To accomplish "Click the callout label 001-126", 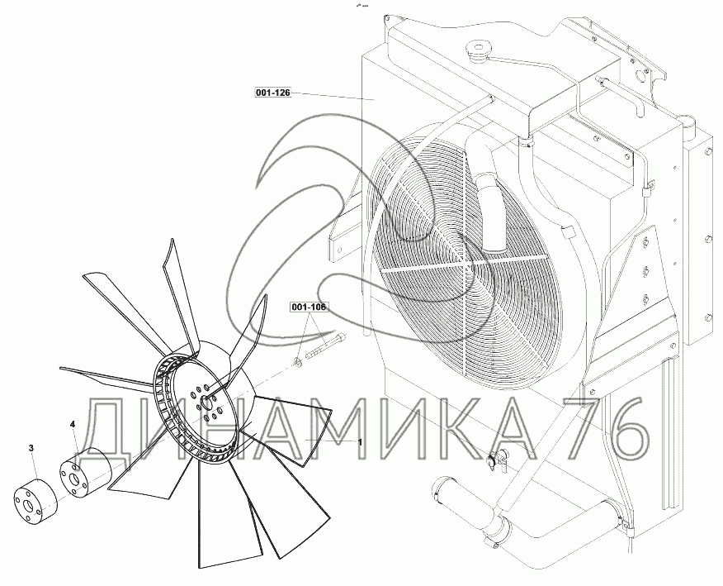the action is click(x=272, y=93).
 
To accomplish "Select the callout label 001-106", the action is click(x=308, y=307).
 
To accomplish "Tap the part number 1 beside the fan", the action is click(x=360, y=442).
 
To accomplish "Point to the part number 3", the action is click(x=31, y=447).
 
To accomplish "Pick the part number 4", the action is click(x=73, y=423).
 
